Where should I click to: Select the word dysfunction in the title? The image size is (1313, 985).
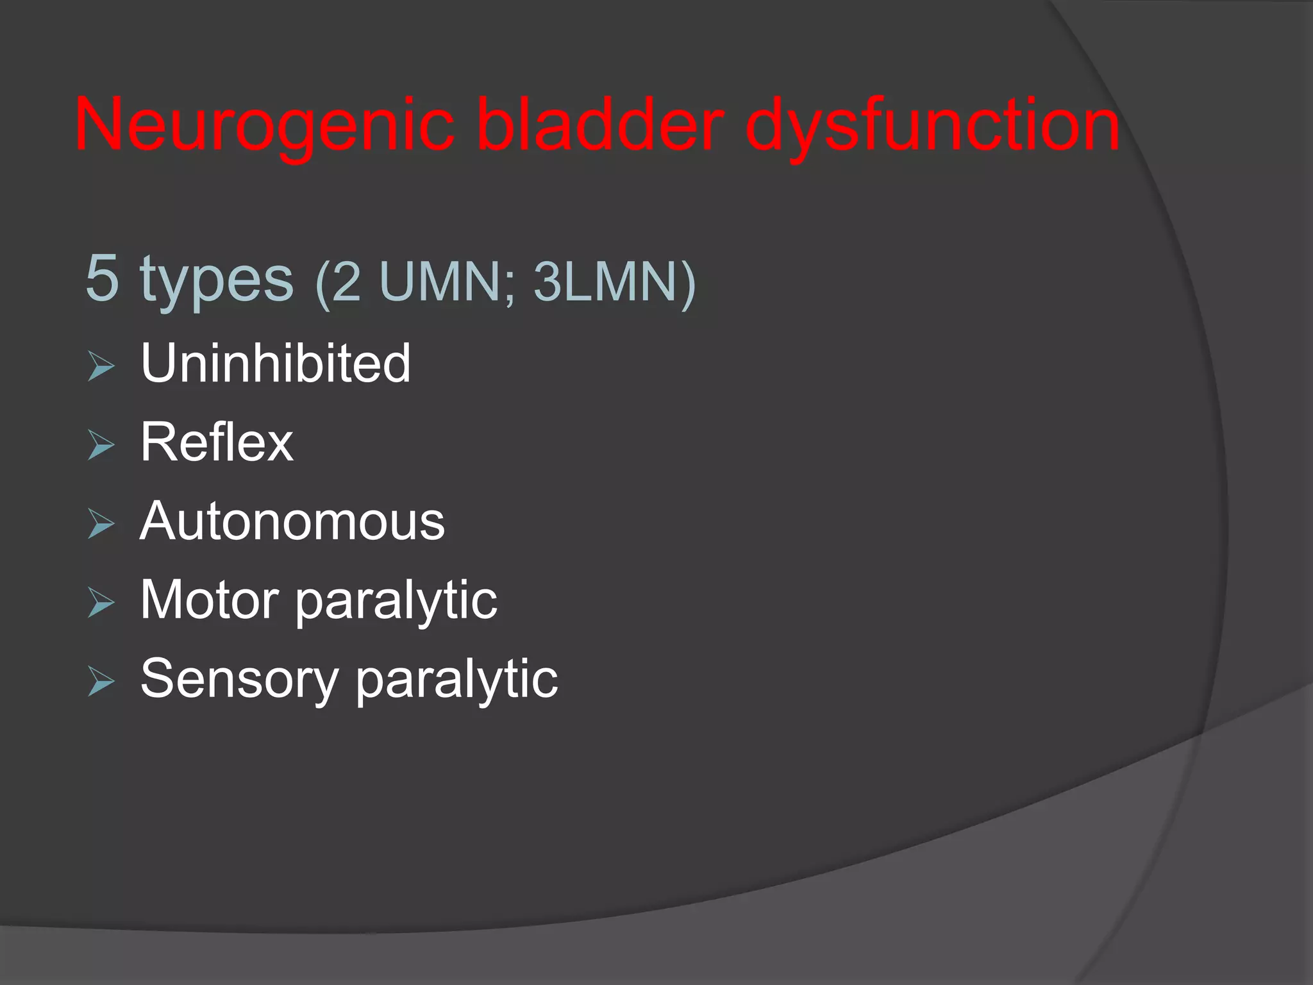(932, 125)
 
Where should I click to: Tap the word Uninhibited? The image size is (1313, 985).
(276, 363)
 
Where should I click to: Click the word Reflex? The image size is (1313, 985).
(217, 442)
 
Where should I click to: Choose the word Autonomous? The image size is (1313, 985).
(292, 521)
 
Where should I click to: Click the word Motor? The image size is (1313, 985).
(209, 600)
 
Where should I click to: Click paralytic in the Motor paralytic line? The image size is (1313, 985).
(396, 602)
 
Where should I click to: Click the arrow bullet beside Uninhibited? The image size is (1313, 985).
(101, 367)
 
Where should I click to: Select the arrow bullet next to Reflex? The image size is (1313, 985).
(101, 446)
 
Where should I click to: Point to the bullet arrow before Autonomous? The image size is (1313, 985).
(101, 525)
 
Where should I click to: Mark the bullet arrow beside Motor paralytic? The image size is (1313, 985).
(101, 603)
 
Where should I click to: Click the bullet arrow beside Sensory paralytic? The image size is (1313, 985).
(101, 682)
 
